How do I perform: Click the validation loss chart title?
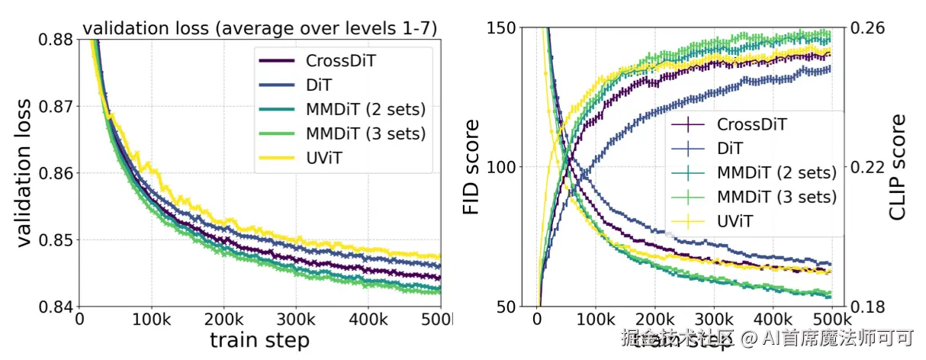(259, 29)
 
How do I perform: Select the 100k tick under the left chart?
(152, 319)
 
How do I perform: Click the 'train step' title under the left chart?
(259, 340)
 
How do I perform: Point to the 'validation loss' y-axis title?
(26, 172)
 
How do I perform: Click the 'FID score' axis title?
(472, 166)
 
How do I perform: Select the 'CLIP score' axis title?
(899, 168)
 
